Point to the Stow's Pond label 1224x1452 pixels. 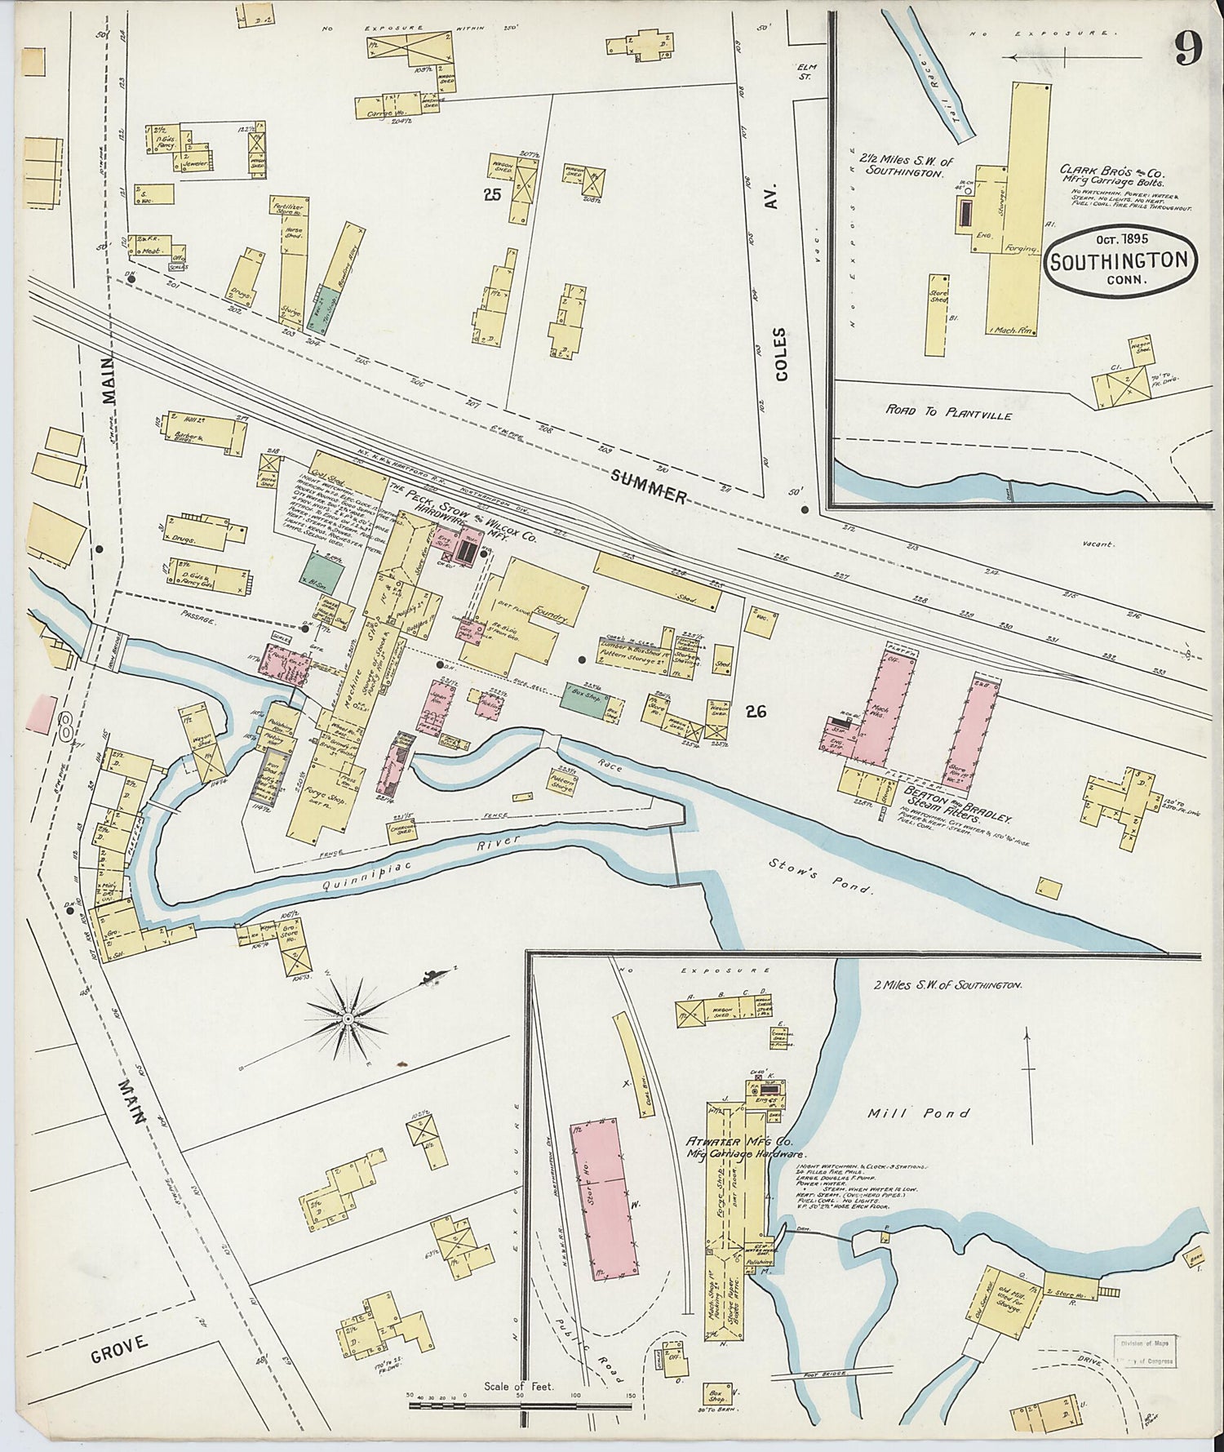(822, 876)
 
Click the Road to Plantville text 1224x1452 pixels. (948, 415)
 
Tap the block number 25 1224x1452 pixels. (491, 194)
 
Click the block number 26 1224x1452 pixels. (755, 712)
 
